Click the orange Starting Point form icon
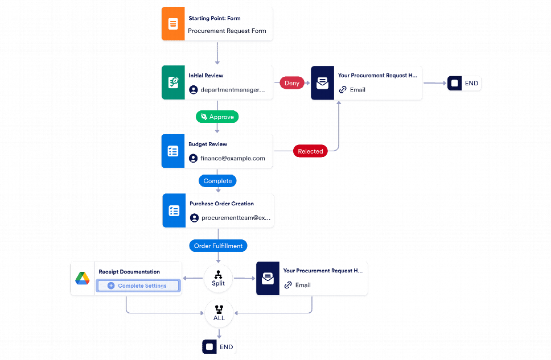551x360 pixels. [173, 24]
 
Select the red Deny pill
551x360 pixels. [291, 83]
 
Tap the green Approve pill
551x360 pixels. [217, 117]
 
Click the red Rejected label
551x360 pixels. [310, 151]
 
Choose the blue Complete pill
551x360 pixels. [217, 181]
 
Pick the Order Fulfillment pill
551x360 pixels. [218, 246]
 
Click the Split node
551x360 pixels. [218, 278]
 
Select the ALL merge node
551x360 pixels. [219, 313]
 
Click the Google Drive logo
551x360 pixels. [82, 278]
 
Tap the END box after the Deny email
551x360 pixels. [464, 83]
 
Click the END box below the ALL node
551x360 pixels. [219, 347]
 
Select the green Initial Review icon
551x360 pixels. [173, 82]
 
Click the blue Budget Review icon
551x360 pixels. [173, 151]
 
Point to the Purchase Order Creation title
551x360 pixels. [221, 204]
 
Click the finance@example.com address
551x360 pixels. [233, 158]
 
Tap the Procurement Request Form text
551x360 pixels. [227, 31]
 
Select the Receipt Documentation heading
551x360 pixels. [129, 271]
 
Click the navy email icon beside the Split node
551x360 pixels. [268, 278]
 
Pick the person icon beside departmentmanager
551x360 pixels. [194, 90]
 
